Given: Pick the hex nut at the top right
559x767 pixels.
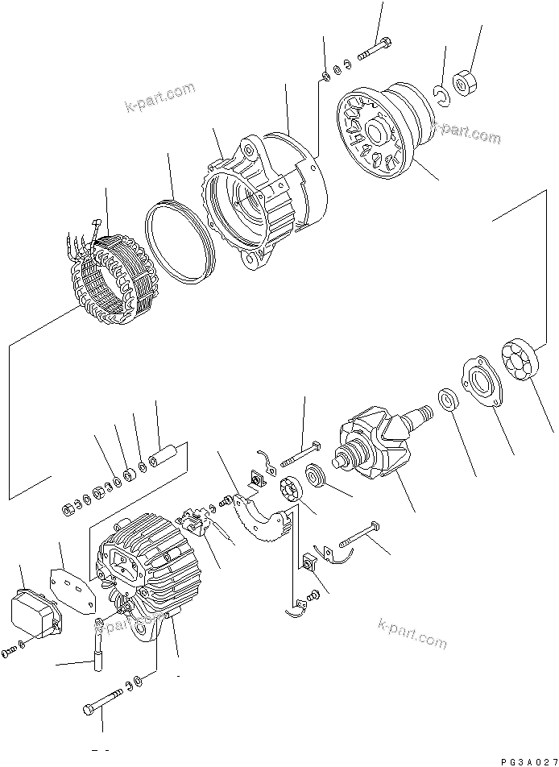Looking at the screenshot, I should click(466, 83).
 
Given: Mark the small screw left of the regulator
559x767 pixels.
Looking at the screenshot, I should click(10, 651).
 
